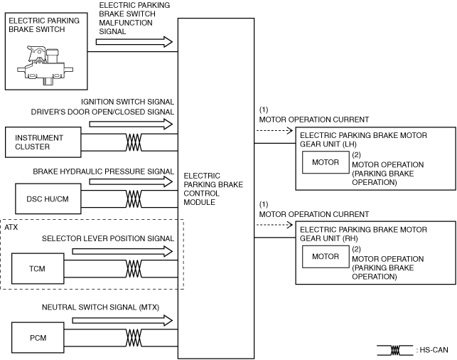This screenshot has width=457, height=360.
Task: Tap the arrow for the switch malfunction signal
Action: coord(133,43)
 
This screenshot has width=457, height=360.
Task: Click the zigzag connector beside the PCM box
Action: coord(133,337)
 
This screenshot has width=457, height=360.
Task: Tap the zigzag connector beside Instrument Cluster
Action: coord(133,142)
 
